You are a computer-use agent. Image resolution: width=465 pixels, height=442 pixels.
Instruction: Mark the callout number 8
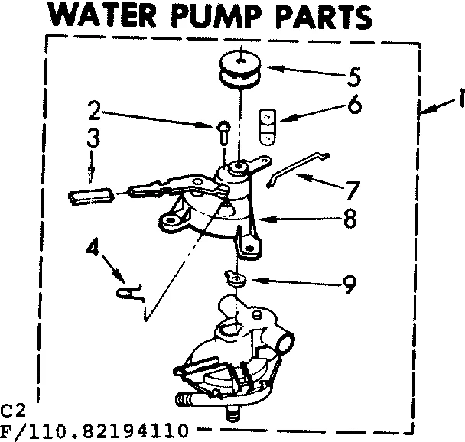coord(350,219)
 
